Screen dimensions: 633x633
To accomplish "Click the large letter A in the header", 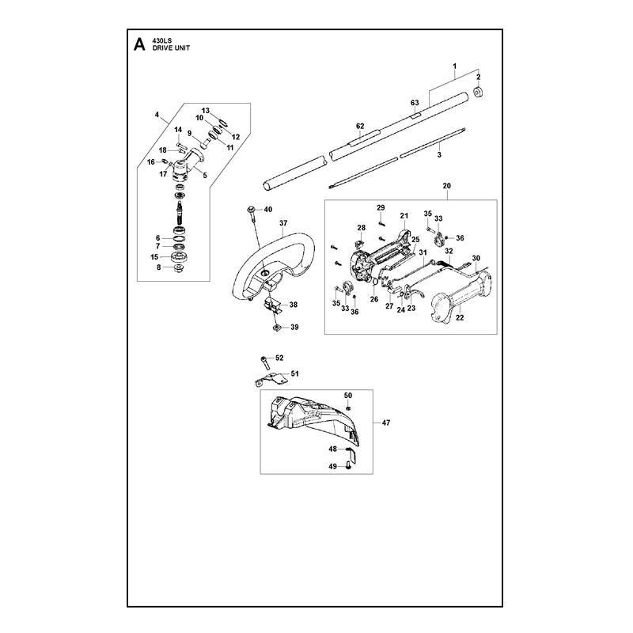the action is pyautogui.click(x=139, y=44).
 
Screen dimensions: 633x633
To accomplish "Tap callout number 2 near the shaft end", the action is pyautogui.click(x=479, y=77).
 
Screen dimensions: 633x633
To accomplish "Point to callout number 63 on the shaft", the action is pyautogui.click(x=415, y=103).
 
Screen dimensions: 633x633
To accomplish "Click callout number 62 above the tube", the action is pyautogui.click(x=360, y=127).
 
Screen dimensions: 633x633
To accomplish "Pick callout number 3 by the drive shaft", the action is pyautogui.click(x=439, y=154).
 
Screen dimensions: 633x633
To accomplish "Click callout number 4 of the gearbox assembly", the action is pyautogui.click(x=157, y=115).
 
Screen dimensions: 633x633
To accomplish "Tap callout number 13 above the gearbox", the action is pyautogui.click(x=206, y=111).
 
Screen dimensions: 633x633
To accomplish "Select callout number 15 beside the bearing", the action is pyautogui.click(x=154, y=257).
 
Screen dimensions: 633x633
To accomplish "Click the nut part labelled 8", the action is pyautogui.click(x=176, y=268).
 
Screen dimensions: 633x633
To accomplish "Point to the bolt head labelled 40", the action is pyautogui.click(x=251, y=209).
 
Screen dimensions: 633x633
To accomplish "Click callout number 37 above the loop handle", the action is pyautogui.click(x=283, y=223).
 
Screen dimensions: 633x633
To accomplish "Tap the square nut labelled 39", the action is pyautogui.click(x=276, y=327).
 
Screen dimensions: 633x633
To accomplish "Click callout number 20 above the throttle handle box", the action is pyautogui.click(x=446, y=186).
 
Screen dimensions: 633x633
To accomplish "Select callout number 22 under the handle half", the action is pyautogui.click(x=460, y=318).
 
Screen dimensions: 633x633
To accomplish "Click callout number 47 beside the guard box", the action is pyautogui.click(x=386, y=423).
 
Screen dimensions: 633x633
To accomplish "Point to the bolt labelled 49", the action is pyautogui.click(x=349, y=466).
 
